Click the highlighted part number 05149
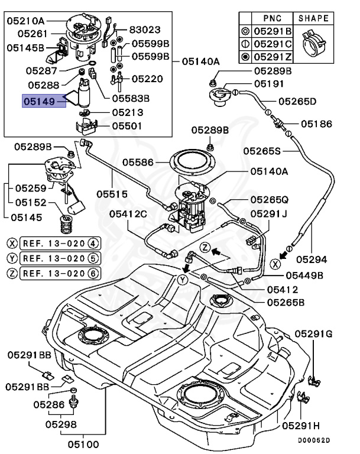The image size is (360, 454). click(39, 102)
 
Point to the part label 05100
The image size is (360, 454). click(83, 443)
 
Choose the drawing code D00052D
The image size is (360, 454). click(313, 440)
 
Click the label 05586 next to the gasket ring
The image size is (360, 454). click(140, 160)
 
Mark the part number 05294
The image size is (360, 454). click(312, 258)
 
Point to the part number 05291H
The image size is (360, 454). click(301, 425)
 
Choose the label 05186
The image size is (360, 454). click(317, 124)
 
